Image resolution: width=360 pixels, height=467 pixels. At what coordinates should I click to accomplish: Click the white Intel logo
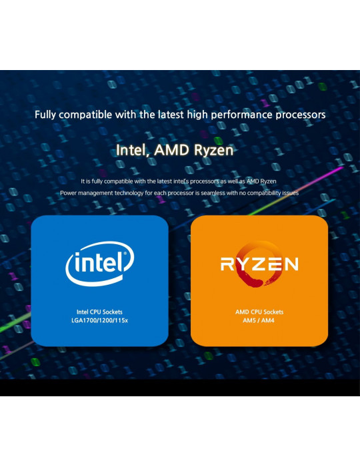[100, 264]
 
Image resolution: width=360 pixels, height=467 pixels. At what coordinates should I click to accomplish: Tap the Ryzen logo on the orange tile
[259, 264]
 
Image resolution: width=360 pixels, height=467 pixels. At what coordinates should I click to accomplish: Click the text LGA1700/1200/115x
[100, 320]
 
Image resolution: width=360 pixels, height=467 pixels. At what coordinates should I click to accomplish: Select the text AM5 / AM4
[259, 320]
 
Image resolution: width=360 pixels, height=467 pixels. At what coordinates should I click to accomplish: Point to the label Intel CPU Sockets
[99, 312]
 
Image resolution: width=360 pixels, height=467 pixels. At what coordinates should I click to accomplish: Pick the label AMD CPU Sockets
[259, 312]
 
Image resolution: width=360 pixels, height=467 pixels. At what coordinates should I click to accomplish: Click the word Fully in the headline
[45, 115]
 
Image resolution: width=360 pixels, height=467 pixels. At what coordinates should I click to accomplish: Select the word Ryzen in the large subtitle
[213, 150]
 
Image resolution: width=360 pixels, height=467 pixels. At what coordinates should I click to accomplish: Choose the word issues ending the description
[291, 193]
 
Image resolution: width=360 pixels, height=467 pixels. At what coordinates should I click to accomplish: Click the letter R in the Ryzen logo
[227, 264]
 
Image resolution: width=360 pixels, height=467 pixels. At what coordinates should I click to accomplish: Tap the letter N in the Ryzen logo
[291, 264]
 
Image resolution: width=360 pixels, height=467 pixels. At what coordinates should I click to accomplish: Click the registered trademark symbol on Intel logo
[125, 254]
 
